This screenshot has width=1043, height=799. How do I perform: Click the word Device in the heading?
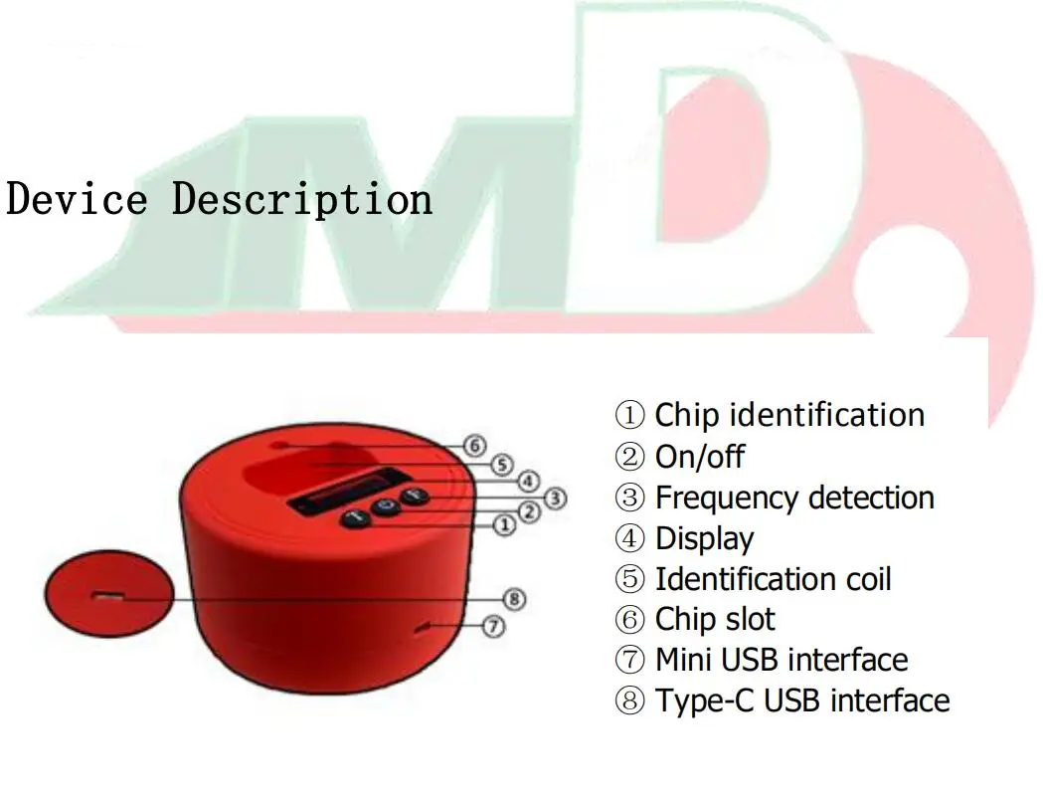[x=77, y=198]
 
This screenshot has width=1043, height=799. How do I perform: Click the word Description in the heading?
[x=302, y=200]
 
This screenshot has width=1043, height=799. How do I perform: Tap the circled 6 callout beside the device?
[x=476, y=447]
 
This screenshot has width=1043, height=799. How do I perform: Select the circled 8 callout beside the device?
[x=514, y=599]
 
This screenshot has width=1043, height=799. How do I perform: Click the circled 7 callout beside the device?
[x=494, y=626]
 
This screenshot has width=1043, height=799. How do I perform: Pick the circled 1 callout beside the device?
[x=505, y=524]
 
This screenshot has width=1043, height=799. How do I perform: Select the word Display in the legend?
[x=704, y=538]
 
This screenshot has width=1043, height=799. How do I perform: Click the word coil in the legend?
[x=865, y=579]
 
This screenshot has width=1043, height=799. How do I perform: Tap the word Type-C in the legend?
[x=701, y=700]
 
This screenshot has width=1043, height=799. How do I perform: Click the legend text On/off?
[x=699, y=457]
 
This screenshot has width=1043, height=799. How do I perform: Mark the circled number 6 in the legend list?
[x=630, y=620]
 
